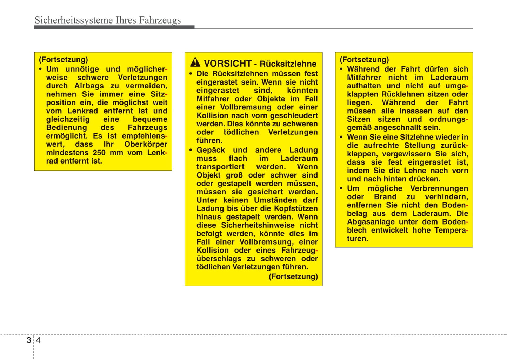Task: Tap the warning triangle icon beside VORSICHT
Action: pyautogui.click(x=195, y=63)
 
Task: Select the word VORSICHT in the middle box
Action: pyautogui.click(x=228, y=64)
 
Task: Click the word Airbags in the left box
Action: pyautogui.click(x=89, y=86)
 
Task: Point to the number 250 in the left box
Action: pyautogui.click(x=99, y=153)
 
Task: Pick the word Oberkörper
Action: pyautogui.click(x=146, y=144)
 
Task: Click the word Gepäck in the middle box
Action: pyautogui.click(x=211, y=150)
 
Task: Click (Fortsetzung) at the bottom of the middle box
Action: pyautogui.click(x=293, y=276)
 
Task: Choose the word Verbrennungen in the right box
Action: pyautogui.click(x=439, y=188)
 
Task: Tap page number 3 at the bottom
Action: pyautogui.click(x=29, y=340)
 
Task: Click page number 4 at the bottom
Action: pyautogui.click(x=38, y=340)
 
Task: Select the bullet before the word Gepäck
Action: pyautogui.click(x=191, y=150)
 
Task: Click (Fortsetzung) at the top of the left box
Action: pyautogui.click(x=63, y=60)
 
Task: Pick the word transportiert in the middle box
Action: pyautogui.click(x=220, y=167)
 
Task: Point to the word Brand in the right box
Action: pyautogui.click(x=385, y=197)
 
